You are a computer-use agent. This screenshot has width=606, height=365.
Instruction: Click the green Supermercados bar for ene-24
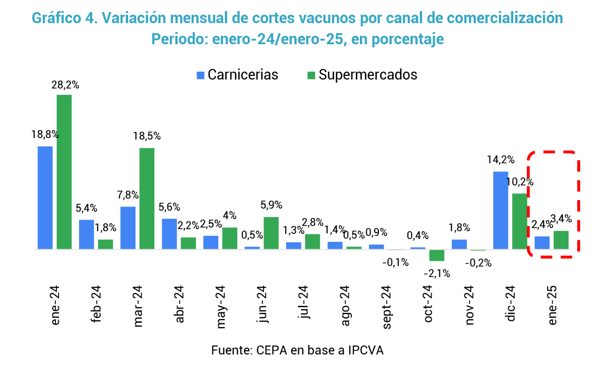click(64, 172)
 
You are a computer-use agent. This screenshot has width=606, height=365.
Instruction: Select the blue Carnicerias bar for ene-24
click(45, 197)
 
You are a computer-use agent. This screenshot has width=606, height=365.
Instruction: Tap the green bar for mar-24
click(147, 198)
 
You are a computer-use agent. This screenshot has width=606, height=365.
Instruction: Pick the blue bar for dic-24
click(501, 210)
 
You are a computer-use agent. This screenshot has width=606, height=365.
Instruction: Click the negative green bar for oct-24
click(437, 255)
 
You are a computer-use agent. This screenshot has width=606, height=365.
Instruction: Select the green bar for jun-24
click(271, 233)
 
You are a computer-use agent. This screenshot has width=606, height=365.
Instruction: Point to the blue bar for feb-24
click(86, 234)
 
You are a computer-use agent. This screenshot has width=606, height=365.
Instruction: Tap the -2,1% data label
click(436, 273)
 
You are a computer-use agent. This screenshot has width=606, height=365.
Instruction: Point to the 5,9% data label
click(272, 205)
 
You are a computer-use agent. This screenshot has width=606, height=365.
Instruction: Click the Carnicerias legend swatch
click(200, 75)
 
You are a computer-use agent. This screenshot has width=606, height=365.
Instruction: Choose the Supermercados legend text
click(368, 75)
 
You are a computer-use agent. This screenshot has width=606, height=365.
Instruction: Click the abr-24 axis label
click(180, 306)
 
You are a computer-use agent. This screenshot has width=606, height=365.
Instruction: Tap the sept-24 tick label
click(387, 307)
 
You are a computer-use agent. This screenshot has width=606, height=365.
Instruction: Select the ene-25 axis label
click(553, 306)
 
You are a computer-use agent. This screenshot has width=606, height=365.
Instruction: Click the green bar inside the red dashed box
click(561, 240)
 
